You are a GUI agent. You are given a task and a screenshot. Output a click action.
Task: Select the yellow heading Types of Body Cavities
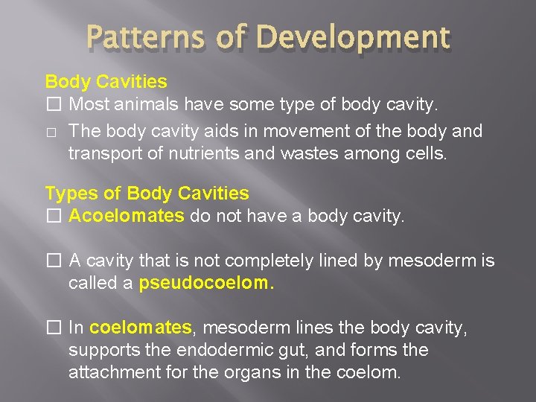147,194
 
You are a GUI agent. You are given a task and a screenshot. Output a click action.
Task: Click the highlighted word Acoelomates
126,216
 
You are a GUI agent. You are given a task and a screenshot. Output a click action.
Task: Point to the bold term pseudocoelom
206,283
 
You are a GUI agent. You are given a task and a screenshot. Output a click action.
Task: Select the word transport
101,154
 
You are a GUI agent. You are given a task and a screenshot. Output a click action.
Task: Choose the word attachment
110,371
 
